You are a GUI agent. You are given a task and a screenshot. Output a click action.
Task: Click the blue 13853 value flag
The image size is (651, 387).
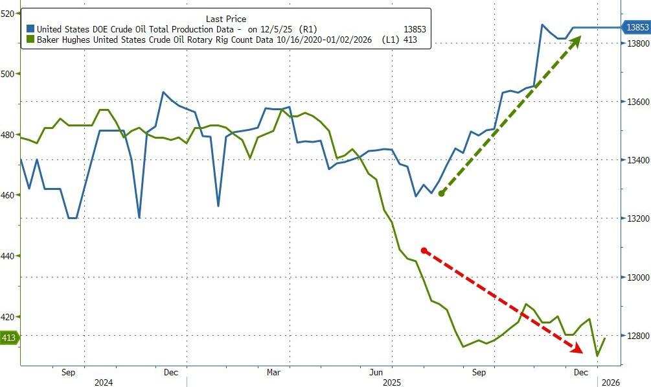click(635, 27)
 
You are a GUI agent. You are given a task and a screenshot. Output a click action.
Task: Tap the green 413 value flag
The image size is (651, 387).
click(10, 337)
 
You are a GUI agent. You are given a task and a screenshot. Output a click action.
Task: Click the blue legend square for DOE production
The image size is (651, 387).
click(30, 29)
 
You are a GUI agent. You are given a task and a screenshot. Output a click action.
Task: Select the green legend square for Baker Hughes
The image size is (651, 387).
click(30, 40)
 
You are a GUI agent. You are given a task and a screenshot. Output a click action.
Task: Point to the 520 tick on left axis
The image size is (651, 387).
click(7, 13)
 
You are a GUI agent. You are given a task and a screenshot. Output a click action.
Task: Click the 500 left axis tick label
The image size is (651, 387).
click(7, 74)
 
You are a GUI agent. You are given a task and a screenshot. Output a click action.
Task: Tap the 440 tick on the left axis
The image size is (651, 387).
click(7, 256)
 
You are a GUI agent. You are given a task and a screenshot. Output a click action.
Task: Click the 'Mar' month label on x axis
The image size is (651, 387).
click(273, 373)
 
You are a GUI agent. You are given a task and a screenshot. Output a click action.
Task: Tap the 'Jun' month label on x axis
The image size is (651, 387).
click(375, 373)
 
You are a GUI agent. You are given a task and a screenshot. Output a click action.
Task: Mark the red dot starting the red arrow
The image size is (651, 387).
click(424, 250)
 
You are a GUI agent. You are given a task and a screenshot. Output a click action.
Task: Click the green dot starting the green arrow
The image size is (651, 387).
click(440, 193)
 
